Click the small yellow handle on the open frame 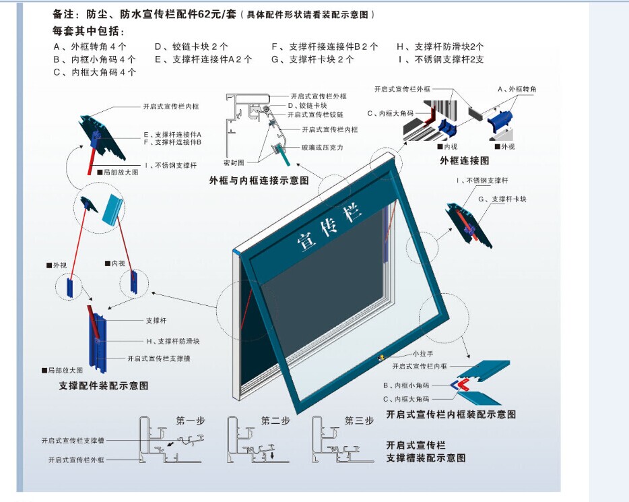tap(380, 357)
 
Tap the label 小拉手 tap(423, 354)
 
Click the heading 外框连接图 tap(465, 161)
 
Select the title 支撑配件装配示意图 tap(104, 386)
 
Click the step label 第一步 tap(191, 421)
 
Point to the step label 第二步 tap(275, 421)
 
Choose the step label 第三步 tap(359, 421)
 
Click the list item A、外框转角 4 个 tap(90, 46)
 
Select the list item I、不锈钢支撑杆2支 tap(441, 59)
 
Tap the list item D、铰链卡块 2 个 tap(191, 46)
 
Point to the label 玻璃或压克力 tap(323, 148)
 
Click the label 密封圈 tap(234, 162)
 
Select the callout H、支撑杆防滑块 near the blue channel tap(173, 342)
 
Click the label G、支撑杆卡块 tap(502, 199)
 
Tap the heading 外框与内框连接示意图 tap(259, 181)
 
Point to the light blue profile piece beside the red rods tap(112, 210)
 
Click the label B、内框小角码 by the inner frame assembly tap(406, 385)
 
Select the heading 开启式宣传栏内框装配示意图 tap(451, 414)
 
